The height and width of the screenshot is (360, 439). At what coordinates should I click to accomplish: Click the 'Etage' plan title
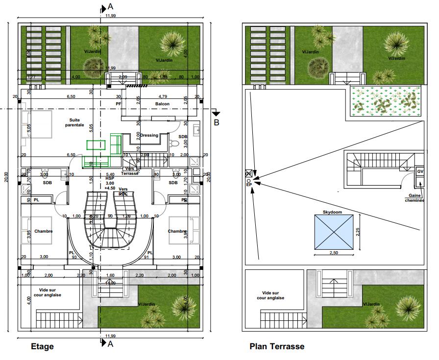click(x=42, y=346)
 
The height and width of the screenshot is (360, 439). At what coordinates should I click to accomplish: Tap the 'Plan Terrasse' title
click(x=277, y=346)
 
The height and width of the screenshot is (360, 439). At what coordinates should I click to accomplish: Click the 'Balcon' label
click(x=163, y=104)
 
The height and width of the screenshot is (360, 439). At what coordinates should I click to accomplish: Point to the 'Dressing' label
click(x=149, y=136)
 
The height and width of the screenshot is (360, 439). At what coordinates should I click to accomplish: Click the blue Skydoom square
click(x=333, y=232)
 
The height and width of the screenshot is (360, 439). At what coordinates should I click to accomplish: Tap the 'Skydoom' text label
click(x=332, y=212)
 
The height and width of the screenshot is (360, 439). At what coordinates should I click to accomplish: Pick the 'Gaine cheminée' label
click(x=414, y=198)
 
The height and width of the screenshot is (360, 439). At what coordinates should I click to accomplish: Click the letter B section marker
click(x=216, y=122)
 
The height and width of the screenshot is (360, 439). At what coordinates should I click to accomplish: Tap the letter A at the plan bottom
click(x=111, y=344)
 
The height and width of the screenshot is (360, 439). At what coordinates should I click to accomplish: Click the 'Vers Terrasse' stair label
click(x=130, y=171)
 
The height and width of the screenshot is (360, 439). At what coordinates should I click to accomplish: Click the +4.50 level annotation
click(x=110, y=188)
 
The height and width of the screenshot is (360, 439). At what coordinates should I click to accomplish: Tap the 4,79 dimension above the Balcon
click(x=163, y=96)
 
